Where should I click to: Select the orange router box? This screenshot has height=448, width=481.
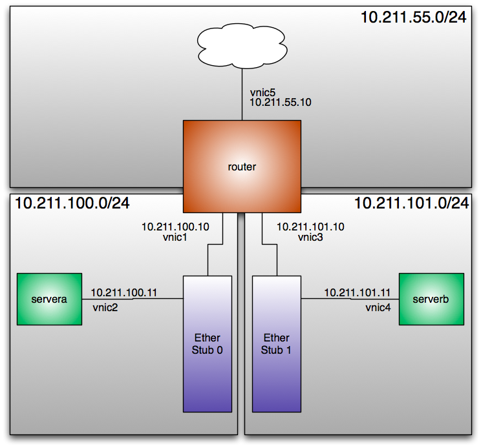pos(242,167)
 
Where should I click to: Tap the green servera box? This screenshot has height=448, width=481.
pos(49,299)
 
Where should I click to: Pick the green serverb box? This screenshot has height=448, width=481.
pos(431,300)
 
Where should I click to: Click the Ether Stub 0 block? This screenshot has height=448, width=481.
pos(208,343)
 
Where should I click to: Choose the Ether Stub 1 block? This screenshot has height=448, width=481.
pos(276,343)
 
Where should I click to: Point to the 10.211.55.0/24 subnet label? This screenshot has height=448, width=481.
pos(414,17)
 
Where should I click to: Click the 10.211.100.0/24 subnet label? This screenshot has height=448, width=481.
pos(72,203)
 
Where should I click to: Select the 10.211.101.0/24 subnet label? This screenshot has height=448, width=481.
pos(411,203)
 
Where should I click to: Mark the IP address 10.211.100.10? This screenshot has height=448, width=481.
pos(175,227)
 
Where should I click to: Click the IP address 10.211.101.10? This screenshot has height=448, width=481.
pos(310,227)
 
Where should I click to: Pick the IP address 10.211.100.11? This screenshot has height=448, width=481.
pos(124,292)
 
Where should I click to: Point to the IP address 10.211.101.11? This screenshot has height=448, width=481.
pos(358,292)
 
